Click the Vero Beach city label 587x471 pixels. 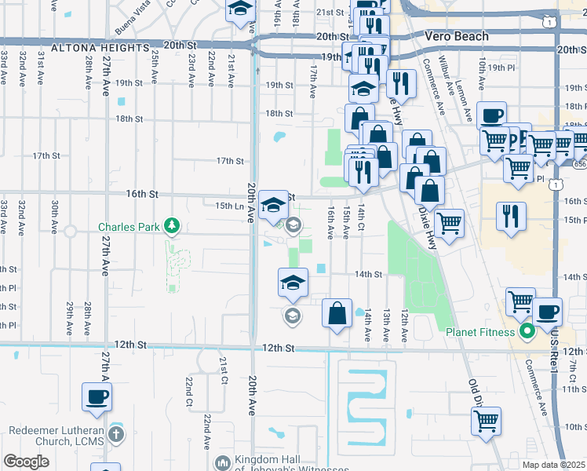pyautogui.click(x=456, y=36)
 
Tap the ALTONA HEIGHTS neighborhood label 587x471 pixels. pyautogui.click(x=100, y=48)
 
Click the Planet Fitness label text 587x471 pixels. pyautogui.click(x=480, y=331)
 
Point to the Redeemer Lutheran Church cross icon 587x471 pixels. pyautogui.click(x=116, y=433)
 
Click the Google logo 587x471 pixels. pyautogui.click(x=26, y=462)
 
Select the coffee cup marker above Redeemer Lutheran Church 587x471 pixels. pyautogui.click(x=97, y=396)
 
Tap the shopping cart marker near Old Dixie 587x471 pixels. pyautogui.click(x=486, y=421)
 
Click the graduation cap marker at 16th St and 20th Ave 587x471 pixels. pyautogui.click(x=272, y=205)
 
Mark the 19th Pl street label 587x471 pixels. pyautogui.click(x=498, y=68)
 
